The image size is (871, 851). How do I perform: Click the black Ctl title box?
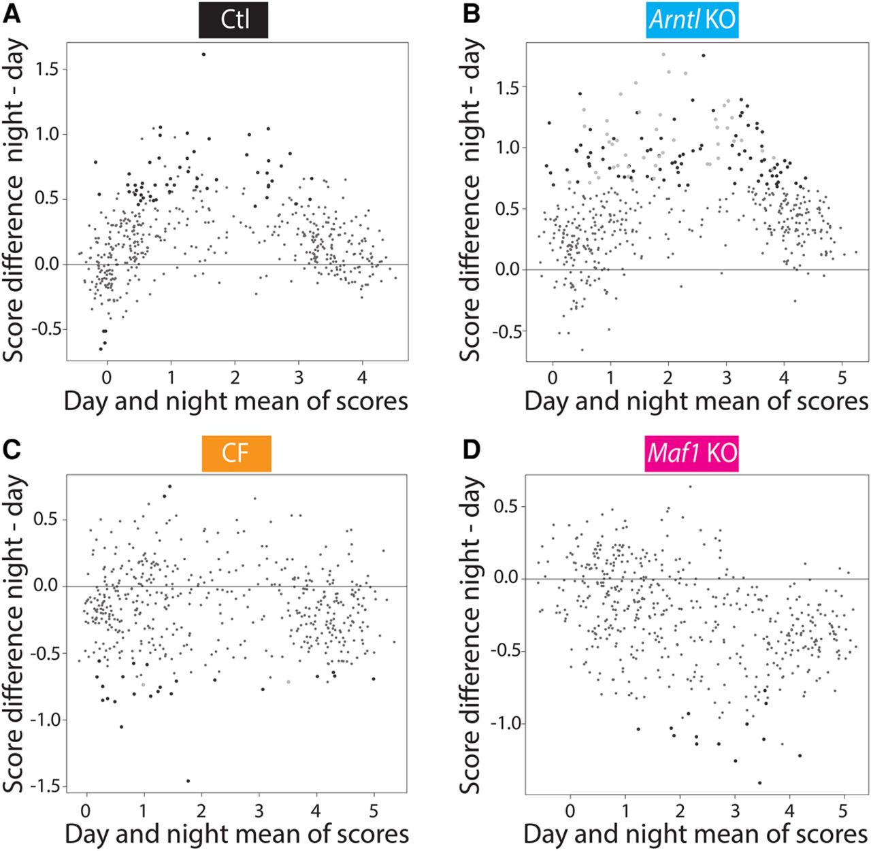(234, 20)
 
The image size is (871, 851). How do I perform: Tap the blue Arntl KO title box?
(692, 20)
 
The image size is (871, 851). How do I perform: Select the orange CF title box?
(236, 453)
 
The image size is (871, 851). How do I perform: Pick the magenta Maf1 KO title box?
(692, 453)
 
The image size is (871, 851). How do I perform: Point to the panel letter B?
(471, 14)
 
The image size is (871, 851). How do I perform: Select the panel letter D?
(471, 449)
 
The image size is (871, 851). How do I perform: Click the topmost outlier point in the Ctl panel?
(203, 54)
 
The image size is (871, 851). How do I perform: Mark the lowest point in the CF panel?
(188, 781)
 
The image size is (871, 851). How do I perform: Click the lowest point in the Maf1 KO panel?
(759, 783)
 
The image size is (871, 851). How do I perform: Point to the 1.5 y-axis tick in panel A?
(48, 69)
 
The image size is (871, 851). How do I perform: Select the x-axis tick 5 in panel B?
(843, 376)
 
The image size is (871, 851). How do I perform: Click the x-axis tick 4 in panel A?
(363, 376)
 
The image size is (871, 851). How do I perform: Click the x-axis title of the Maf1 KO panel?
(696, 835)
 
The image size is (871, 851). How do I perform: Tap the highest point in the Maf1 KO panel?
(690, 486)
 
